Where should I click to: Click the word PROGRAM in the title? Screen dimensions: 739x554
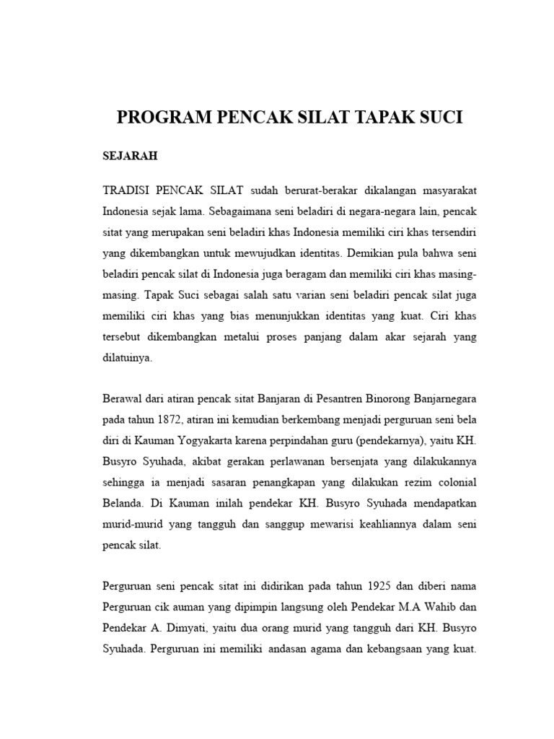pos(155,118)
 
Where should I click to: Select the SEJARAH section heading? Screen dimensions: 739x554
pos(130,155)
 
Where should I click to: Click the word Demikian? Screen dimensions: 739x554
pos(377,254)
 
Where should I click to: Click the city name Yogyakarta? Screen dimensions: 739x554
pos(209,440)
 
